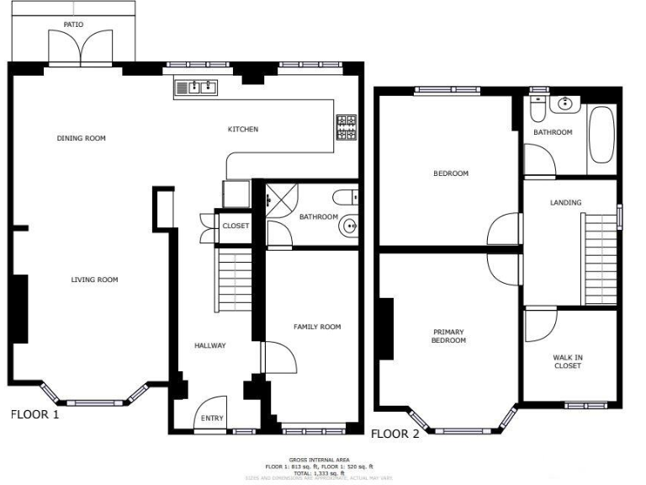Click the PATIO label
(73, 25)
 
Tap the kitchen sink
(196, 86)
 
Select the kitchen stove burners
(346, 127)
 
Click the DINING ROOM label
(82, 138)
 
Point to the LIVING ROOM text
(94, 280)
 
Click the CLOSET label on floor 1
(236, 226)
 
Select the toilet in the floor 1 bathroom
(346, 197)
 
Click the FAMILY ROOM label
(317, 327)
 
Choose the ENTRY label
(212, 418)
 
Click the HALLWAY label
(210, 345)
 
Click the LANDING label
(565, 202)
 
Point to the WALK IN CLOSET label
(567, 361)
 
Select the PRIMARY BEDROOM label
(448, 336)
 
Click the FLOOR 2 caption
(395, 434)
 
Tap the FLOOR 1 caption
(34, 414)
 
